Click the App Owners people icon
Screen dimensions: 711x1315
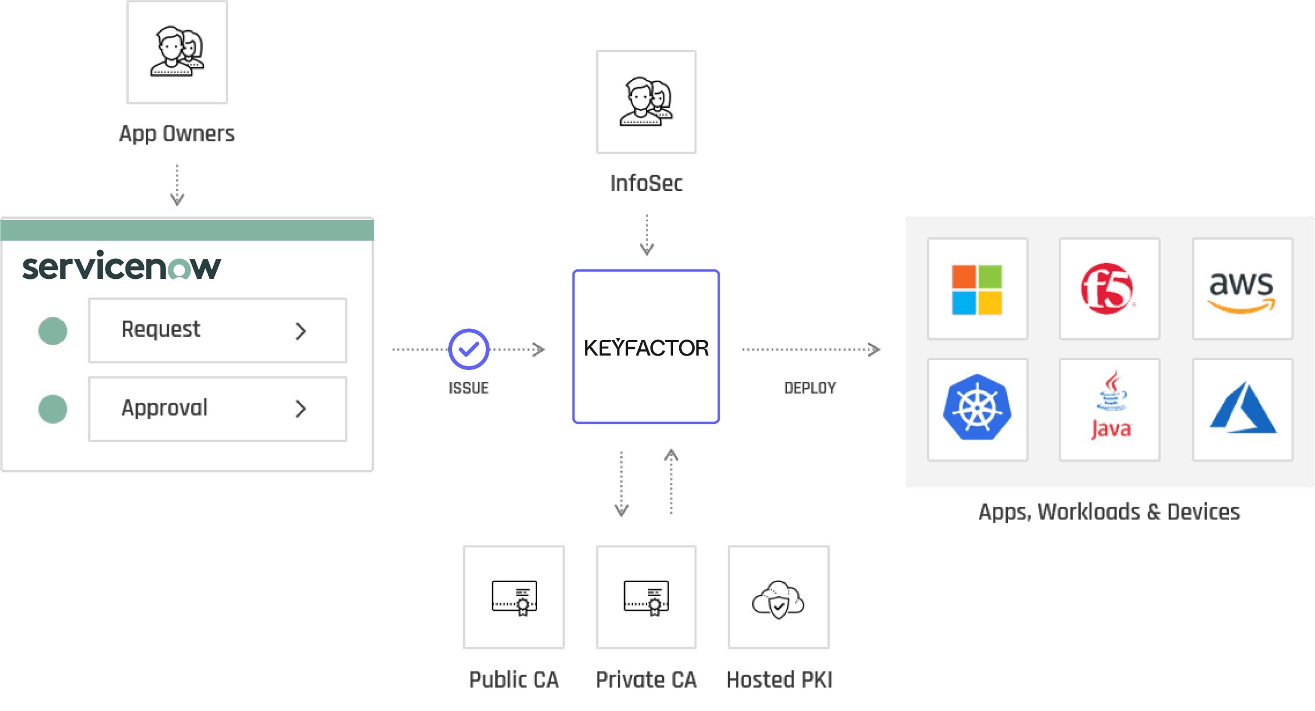pyautogui.click(x=177, y=52)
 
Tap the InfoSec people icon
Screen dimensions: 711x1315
pyautogui.click(x=646, y=102)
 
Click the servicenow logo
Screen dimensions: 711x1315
pyautogui.click(x=122, y=266)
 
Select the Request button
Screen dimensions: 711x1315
pyautogui.click(x=217, y=331)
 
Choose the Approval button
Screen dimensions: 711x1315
pyautogui.click(x=217, y=409)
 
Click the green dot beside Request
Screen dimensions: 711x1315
pyautogui.click(x=53, y=331)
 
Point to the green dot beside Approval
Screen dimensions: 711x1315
pyautogui.click(x=53, y=409)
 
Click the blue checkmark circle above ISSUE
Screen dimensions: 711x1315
pyautogui.click(x=469, y=349)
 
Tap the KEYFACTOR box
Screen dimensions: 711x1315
pyautogui.click(x=646, y=347)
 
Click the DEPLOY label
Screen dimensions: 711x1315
pyautogui.click(x=810, y=388)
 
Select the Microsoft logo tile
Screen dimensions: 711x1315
pyautogui.click(x=977, y=289)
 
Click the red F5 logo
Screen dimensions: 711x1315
pyautogui.click(x=1108, y=289)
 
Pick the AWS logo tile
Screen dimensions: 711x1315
pyautogui.click(x=1242, y=289)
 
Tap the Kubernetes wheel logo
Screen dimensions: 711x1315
pyautogui.click(x=977, y=408)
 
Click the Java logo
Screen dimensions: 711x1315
pyautogui.click(x=1110, y=409)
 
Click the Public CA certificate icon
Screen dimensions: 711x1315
pyautogui.click(x=514, y=598)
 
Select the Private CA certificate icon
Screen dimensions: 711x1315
pyautogui.click(x=646, y=598)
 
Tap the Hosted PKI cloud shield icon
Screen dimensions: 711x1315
pyautogui.click(x=778, y=599)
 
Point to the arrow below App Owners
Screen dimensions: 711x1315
pyautogui.click(x=177, y=186)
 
